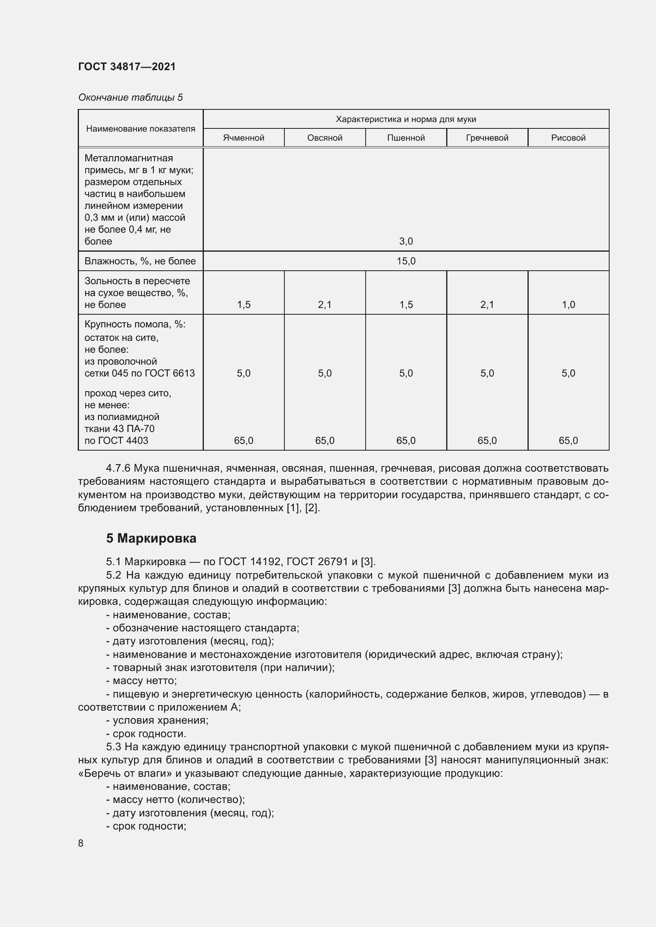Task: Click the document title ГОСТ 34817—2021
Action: (127, 67)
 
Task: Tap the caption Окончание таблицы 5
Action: (130, 97)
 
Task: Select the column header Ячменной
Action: (244, 138)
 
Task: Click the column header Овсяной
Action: (325, 138)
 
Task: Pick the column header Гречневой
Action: (487, 138)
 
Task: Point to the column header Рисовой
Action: (568, 138)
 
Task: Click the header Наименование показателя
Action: (140, 128)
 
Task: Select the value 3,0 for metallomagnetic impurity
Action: (406, 241)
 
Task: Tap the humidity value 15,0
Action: (406, 261)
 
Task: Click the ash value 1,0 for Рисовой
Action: (568, 304)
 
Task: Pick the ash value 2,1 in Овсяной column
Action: (325, 304)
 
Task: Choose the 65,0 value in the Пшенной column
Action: (406, 440)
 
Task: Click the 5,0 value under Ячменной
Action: (244, 373)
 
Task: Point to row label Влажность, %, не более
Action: (140, 261)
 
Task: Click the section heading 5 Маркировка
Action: (151, 538)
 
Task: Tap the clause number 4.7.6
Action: (118, 468)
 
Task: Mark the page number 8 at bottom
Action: (81, 843)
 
